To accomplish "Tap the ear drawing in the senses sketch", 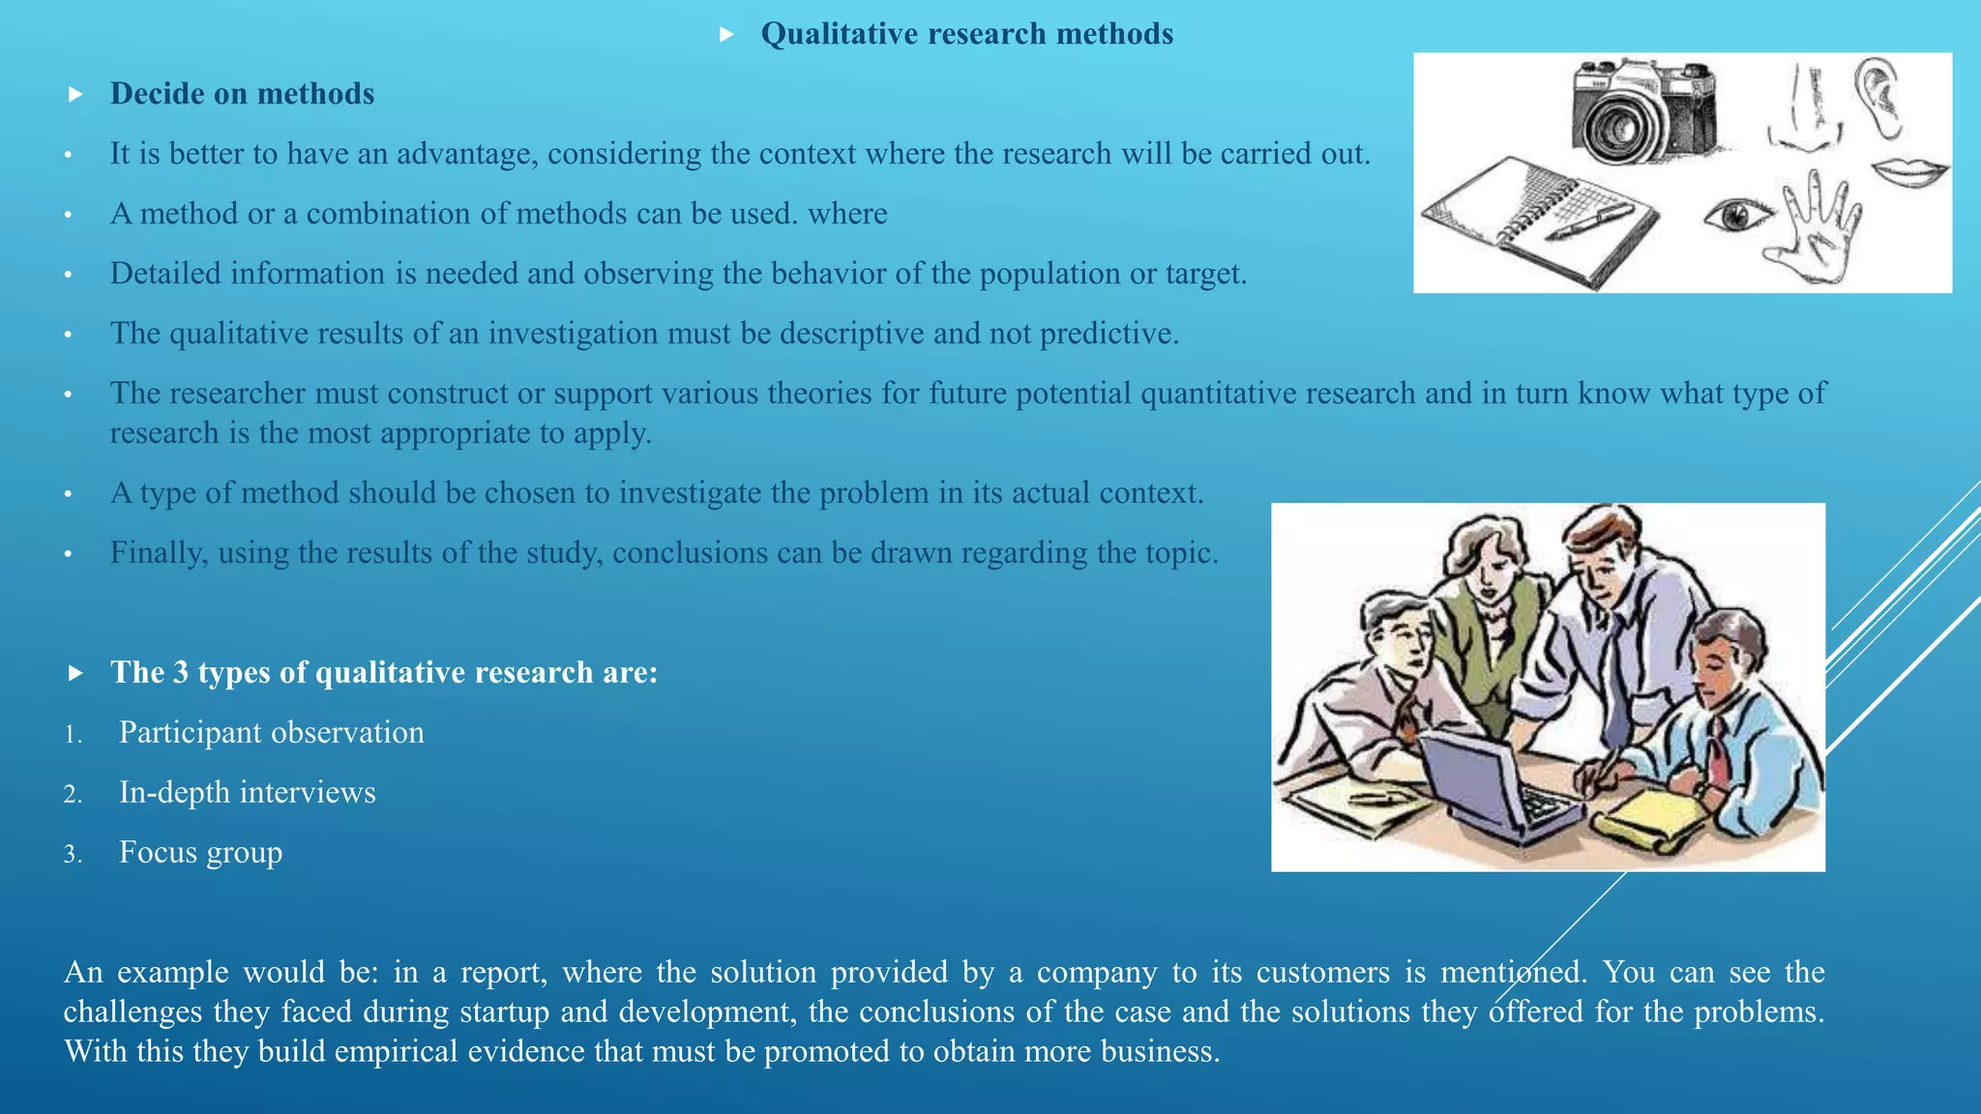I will (x=1878, y=97).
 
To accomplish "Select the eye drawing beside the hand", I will (x=1737, y=214).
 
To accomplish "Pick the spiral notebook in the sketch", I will (x=1538, y=221).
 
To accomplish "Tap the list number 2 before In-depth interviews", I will (x=73, y=795).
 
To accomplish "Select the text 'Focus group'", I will (x=201, y=852).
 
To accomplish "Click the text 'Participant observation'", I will (x=272, y=732).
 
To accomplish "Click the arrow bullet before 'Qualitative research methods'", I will (x=727, y=35).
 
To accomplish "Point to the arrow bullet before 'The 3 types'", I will (x=76, y=673).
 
